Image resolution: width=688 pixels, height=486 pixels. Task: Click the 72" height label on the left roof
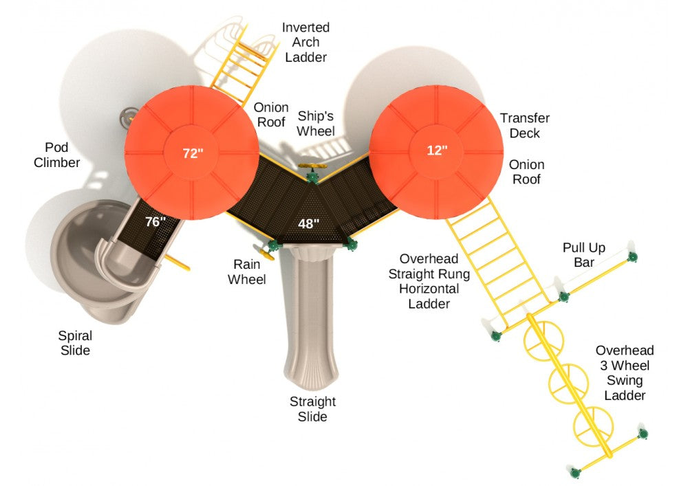click(193, 153)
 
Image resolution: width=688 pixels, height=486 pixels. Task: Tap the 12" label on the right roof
click(436, 150)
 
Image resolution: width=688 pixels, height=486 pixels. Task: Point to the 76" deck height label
click(156, 221)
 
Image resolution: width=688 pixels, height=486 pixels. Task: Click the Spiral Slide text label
click(75, 343)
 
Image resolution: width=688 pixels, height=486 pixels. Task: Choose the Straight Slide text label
click(312, 409)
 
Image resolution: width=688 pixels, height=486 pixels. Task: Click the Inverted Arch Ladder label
click(305, 42)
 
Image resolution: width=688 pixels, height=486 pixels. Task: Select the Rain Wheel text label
click(248, 272)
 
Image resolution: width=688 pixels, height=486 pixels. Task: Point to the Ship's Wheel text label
click(316, 123)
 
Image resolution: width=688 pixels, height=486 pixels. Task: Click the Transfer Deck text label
click(524, 125)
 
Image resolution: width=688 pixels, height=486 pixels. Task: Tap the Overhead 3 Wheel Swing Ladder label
click(625, 373)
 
